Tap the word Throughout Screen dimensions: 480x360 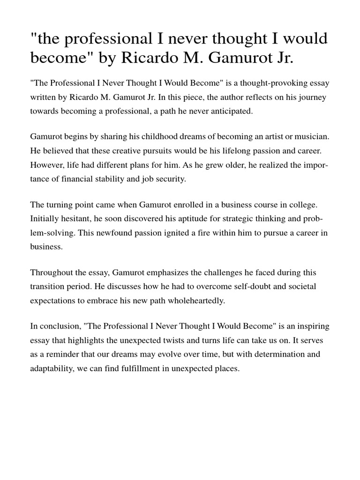point(51,273)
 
